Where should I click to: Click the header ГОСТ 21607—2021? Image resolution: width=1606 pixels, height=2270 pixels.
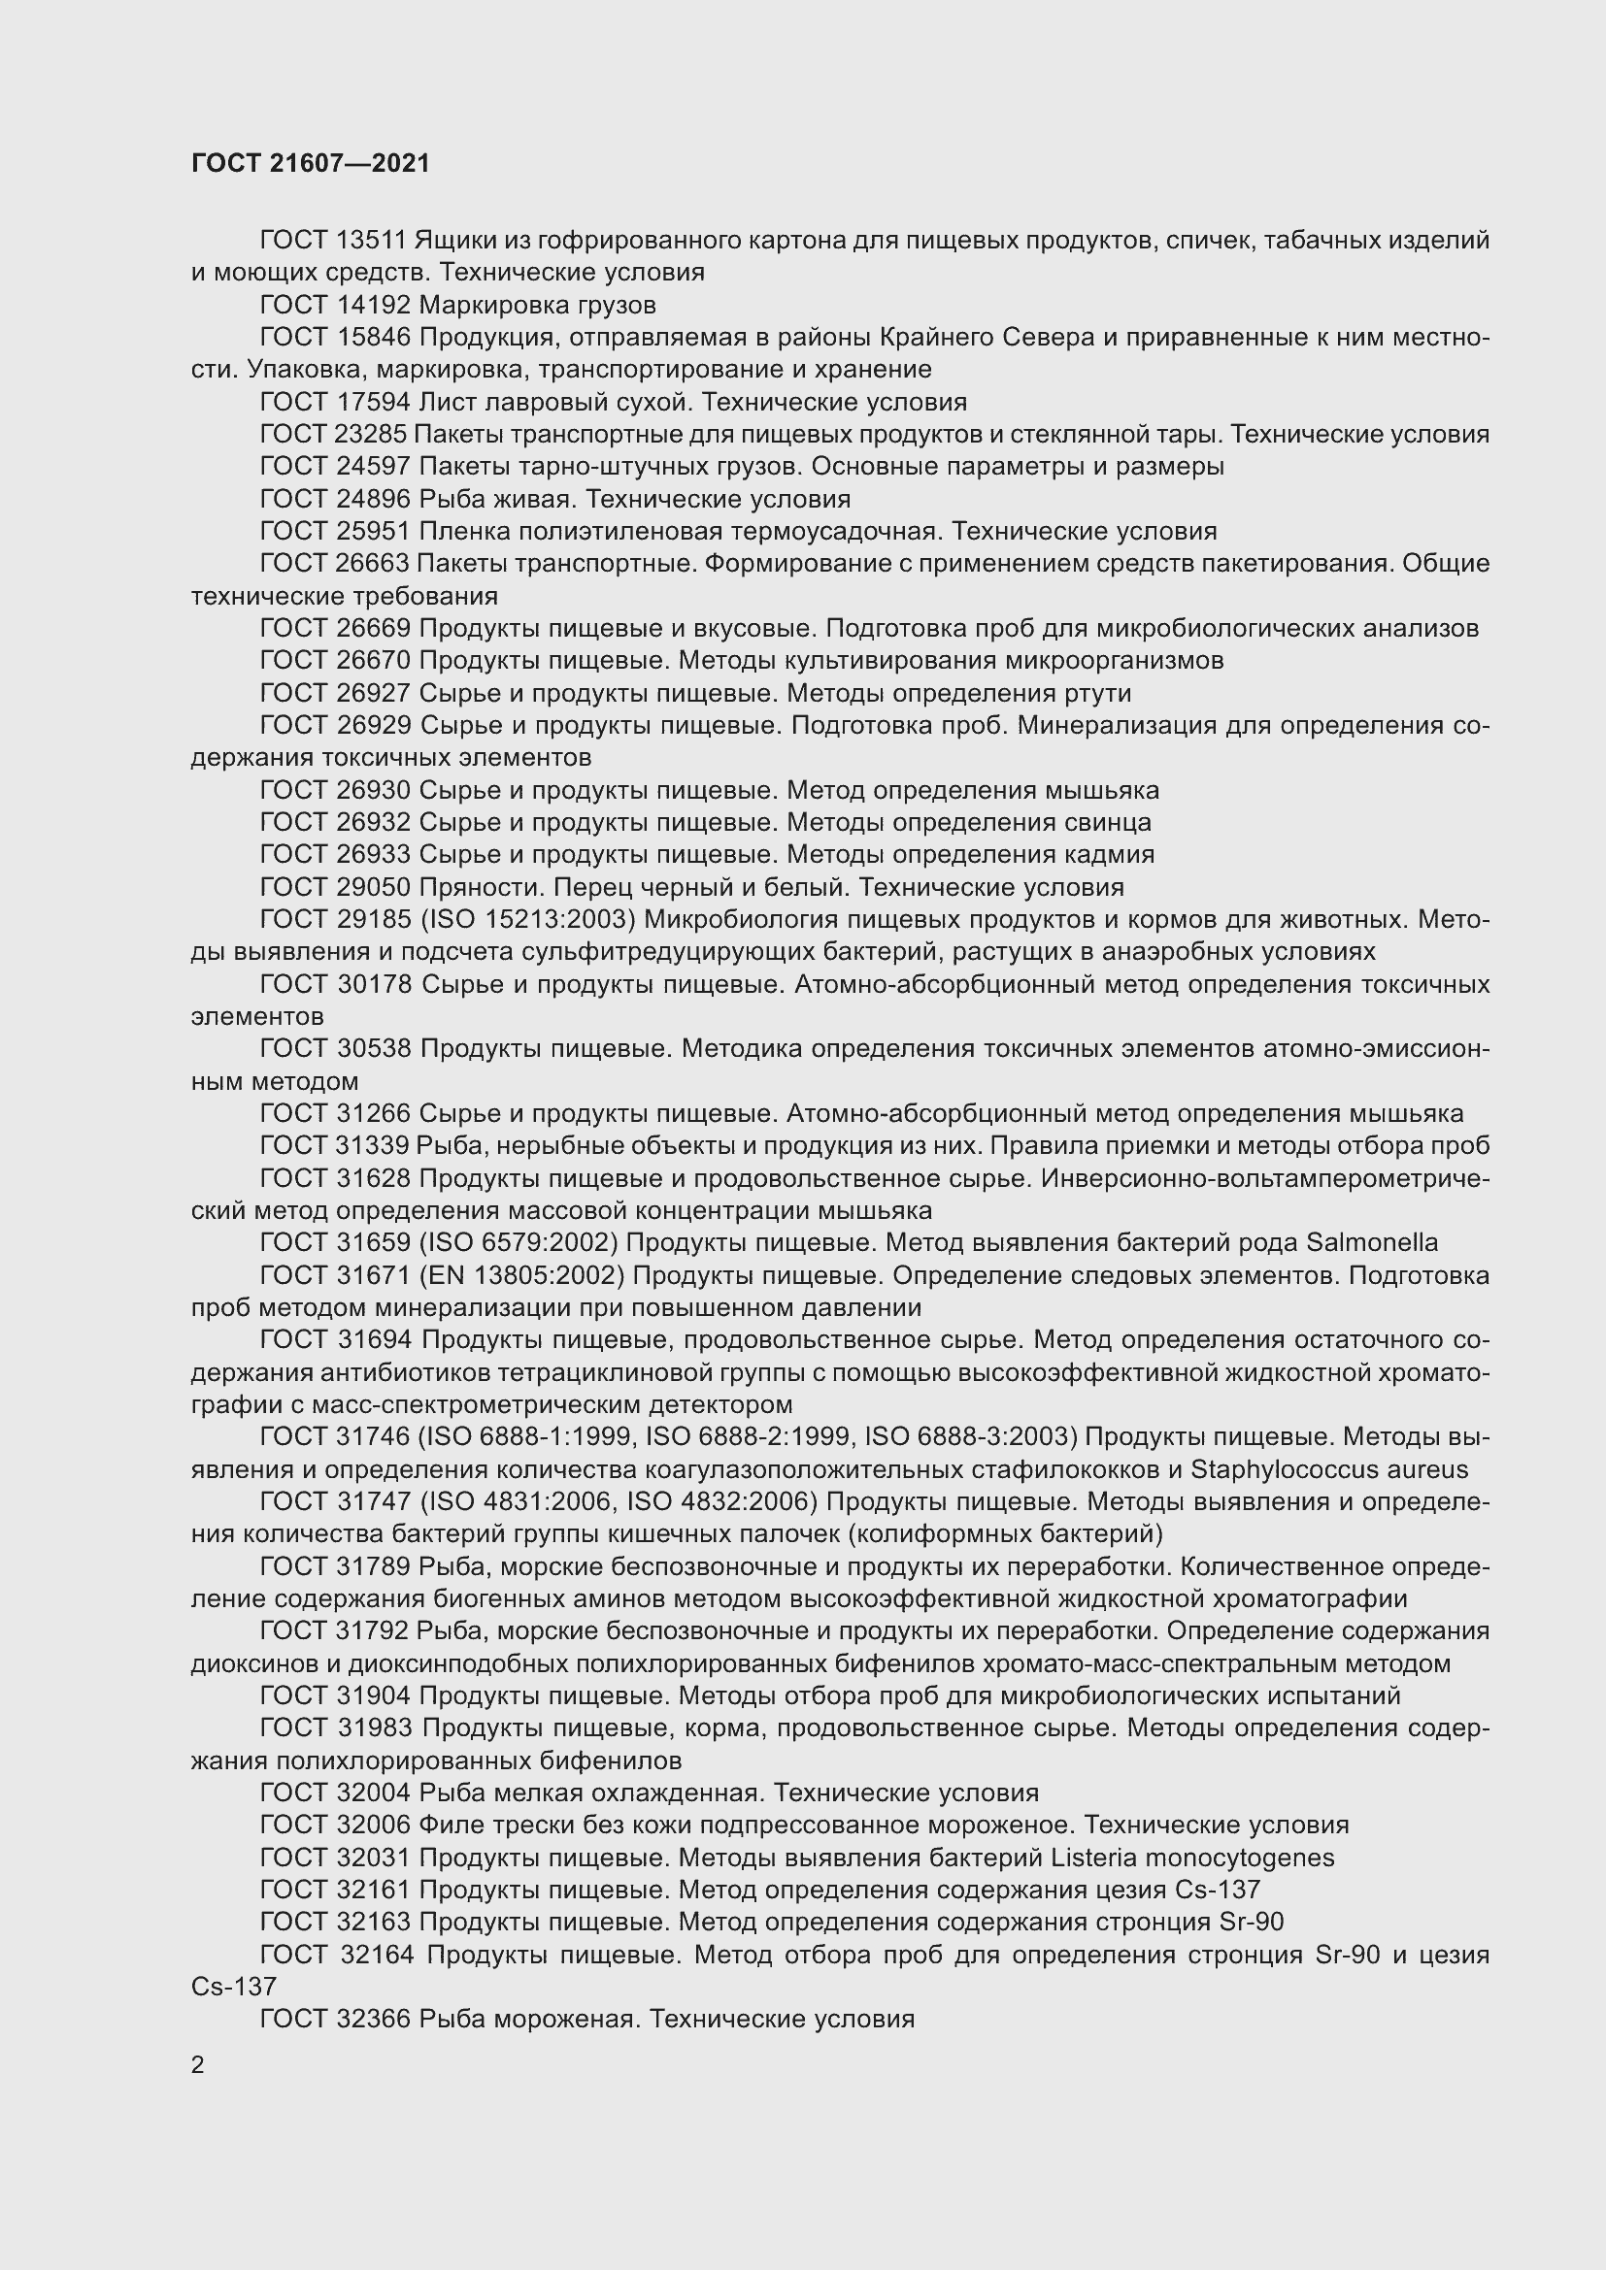tap(311, 163)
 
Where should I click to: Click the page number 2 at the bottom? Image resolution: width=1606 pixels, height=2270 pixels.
tap(198, 2064)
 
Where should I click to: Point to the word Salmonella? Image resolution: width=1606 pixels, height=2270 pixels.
tap(1372, 1243)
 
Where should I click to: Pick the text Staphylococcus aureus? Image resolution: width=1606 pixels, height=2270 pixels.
tap(1329, 1469)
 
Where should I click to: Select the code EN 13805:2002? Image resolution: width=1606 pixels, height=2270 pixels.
tap(522, 1275)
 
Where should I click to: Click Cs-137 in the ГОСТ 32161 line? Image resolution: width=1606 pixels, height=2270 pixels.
tap(1218, 1890)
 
